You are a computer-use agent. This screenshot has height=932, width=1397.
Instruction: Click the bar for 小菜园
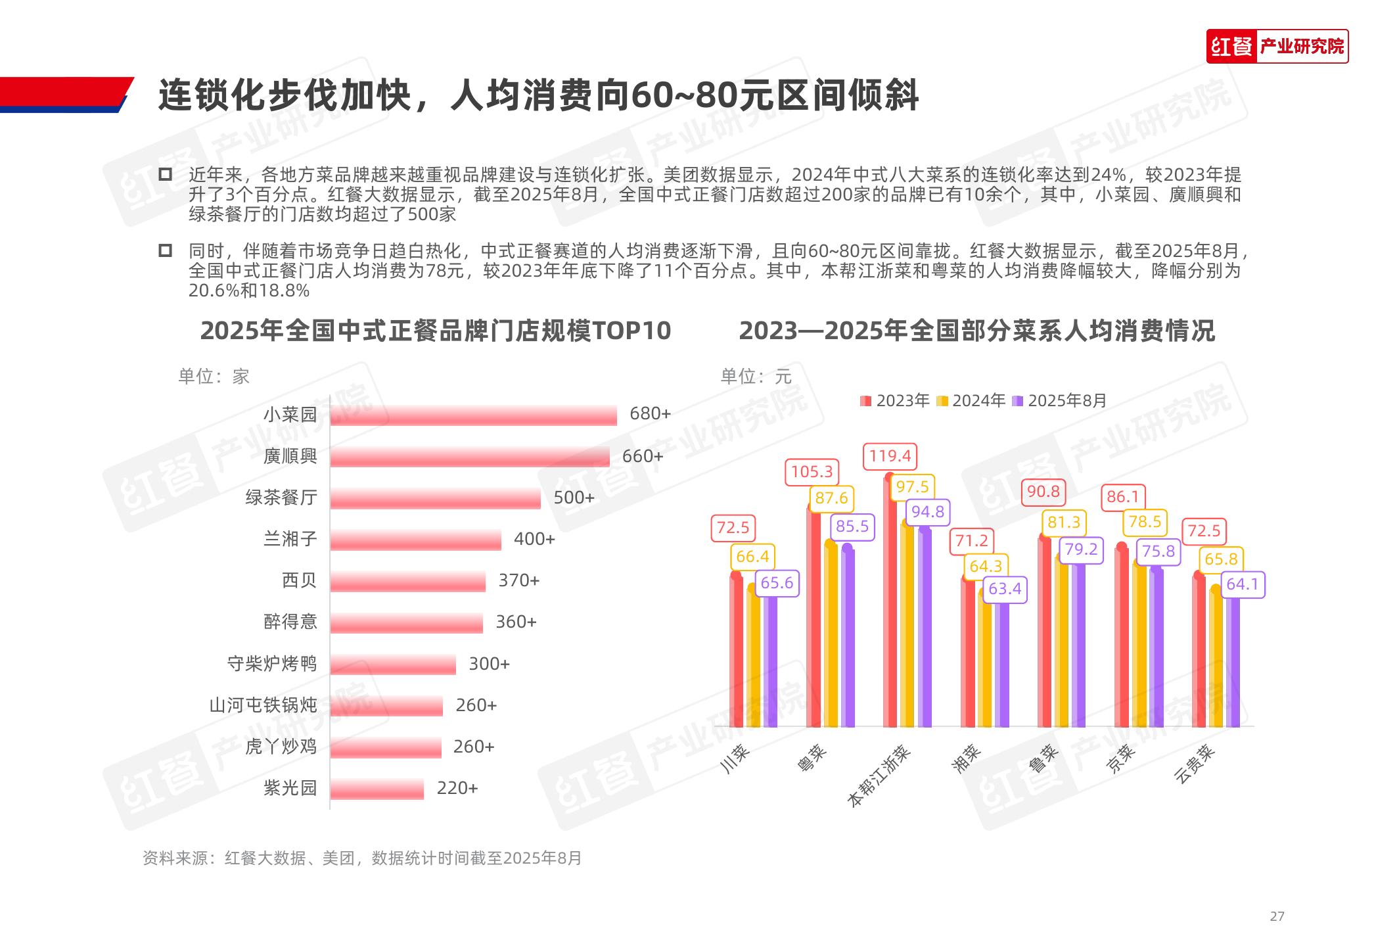coord(473,415)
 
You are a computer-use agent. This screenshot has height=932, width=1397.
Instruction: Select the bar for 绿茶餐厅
coord(435,498)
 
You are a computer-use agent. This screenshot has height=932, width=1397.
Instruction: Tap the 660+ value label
coord(643,456)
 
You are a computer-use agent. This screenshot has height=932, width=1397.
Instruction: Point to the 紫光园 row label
coord(290,787)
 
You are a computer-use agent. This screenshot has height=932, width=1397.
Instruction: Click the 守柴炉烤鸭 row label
coord(271,663)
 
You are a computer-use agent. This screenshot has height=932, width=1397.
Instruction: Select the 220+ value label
coord(457,788)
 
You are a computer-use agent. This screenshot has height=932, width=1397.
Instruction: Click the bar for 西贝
coord(407,581)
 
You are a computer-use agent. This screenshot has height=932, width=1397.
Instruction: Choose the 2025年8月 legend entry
coord(1060,400)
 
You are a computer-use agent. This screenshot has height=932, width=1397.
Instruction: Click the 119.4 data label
coord(890,456)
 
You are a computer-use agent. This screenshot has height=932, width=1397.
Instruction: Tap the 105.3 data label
coord(812,472)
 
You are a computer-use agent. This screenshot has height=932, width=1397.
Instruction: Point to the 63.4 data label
coord(1005,589)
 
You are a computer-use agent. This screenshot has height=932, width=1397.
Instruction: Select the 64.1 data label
coord(1242,584)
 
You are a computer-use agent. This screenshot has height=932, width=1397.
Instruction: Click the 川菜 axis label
coord(735,758)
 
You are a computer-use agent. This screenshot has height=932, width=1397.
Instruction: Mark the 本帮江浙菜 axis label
coord(879,776)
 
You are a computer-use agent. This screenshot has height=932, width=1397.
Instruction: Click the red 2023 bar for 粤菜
coord(813,618)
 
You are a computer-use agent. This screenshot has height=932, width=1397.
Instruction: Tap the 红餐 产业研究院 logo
coord(1277,47)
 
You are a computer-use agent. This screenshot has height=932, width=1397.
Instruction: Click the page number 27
coord(1277,916)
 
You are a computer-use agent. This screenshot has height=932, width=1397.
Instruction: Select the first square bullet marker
coord(166,174)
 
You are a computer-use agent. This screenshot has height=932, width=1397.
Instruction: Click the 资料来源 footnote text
coord(362,858)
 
